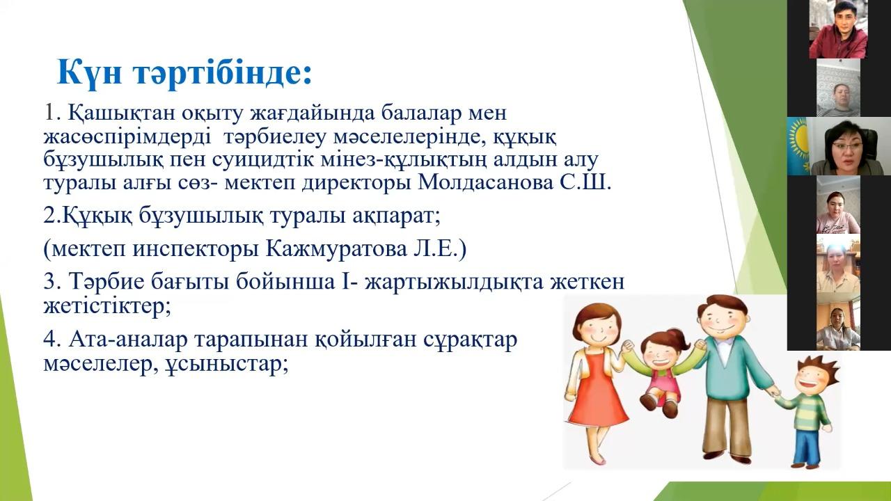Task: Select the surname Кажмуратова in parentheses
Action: click(x=335, y=249)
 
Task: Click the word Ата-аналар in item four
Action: click(x=128, y=340)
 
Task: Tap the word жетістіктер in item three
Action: click(x=107, y=307)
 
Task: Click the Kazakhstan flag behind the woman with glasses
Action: click(x=798, y=146)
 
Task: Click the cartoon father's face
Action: click(x=723, y=319)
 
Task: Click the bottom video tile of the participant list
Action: click(x=838, y=321)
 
